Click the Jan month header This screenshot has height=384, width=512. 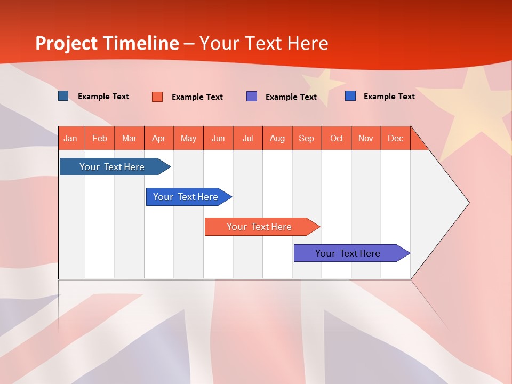click(x=70, y=138)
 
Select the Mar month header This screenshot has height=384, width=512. click(x=129, y=138)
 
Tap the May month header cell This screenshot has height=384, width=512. click(x=188, y=138)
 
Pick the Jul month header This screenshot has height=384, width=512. click(x=247, y=138)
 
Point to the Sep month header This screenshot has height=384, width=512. click(x=306, y=138)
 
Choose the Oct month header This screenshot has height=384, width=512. click(x=336, y=138)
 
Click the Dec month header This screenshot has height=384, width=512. click(x=395, y=138)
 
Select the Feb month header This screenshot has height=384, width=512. click(x=100, y=138)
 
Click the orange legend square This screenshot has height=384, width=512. click(x=157, y=97)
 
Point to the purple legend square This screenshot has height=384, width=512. click(x=252, y=97)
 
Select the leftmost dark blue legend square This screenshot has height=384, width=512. click(x=63, y=96)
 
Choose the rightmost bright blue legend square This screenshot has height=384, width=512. click(x=350, y=96)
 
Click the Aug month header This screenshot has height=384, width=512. click(x=277, y=138)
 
